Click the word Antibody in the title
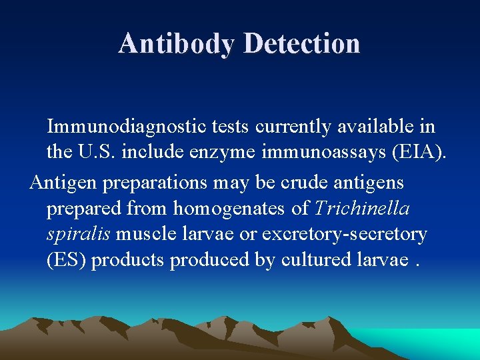coord(177,44)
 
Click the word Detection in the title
coord(302,44)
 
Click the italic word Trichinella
coord(362,209)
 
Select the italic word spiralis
coord(79,234)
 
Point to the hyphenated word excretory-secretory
coord(344,234)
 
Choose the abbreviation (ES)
coord(66,260)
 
